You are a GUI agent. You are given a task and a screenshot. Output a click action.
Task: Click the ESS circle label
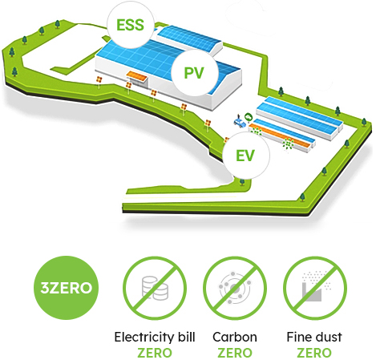[131, 25]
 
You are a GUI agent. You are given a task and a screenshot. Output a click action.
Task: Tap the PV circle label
[194, 73]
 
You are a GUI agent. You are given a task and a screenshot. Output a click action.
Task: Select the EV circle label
[246, 156]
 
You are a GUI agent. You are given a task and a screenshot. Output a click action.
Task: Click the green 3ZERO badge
[66, 288]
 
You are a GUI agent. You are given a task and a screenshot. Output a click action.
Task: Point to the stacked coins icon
[156, 288]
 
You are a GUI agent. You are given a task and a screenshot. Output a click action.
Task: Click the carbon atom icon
[235, 288]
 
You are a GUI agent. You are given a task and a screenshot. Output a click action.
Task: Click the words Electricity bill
[155, 337]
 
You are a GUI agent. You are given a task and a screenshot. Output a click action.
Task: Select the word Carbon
[235, 337]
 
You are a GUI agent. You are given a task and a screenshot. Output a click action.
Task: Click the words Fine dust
[314, 337]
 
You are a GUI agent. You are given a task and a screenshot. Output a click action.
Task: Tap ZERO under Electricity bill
[155, 353]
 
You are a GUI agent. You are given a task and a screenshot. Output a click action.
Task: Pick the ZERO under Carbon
[235, 353]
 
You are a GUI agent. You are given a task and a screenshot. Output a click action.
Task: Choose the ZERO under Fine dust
[314, 353]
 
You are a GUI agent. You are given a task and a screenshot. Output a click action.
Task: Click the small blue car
[240, 123]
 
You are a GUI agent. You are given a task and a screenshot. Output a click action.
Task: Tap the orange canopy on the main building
[137, 76]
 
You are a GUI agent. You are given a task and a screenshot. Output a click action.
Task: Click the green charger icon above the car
[249, 116]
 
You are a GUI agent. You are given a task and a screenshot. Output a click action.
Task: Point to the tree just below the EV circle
[242, 182]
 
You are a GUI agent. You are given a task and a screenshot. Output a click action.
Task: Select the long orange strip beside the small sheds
[280, 136]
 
